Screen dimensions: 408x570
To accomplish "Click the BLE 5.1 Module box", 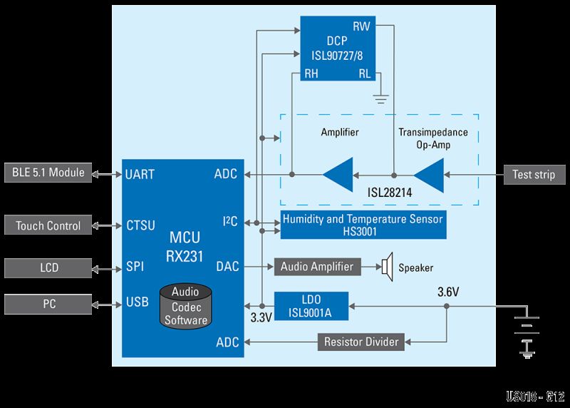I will point(48,173).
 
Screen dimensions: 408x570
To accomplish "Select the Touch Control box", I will point(48,226).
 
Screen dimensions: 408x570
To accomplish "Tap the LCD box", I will point(48,268).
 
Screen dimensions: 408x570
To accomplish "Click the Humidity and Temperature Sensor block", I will point(363,224).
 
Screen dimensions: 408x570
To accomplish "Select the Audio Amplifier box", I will point(316,267).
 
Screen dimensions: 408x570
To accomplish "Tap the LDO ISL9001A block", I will point(311,305).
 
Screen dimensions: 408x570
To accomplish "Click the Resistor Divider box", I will point(361,342).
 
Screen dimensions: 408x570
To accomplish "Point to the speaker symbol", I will point(387,267).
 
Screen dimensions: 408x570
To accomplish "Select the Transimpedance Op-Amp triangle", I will point(430,173).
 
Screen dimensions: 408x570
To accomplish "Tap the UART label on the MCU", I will point(140,173).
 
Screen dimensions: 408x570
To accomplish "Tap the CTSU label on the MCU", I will point(140,226).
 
